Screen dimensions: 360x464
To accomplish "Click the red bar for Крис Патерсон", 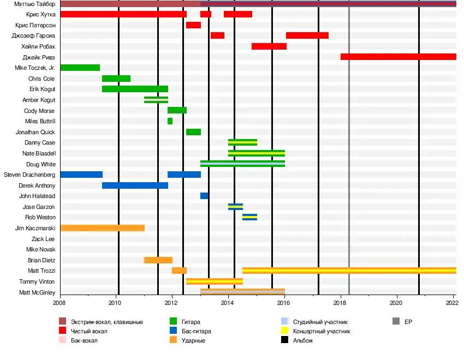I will click(x=193, y=25).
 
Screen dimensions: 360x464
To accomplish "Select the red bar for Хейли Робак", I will click(x=269, y=46).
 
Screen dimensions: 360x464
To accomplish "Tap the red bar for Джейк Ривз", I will click(x=398, y=57).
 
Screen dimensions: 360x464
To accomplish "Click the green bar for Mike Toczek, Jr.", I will click(x=80, y=68).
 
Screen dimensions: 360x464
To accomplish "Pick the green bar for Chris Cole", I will click(x=116, y=79).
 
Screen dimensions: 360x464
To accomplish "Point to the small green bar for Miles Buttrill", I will click(x=170, y=121).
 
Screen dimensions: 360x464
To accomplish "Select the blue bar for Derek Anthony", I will click(x=135, y=185).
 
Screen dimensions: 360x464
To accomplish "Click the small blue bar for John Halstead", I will click(x=204, y=196).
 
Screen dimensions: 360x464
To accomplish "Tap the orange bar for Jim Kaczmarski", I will click(x=102, y=228).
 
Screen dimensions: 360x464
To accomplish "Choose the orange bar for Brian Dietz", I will click(x=158, y=260).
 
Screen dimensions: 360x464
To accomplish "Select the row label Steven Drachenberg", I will click(x=29, y=175).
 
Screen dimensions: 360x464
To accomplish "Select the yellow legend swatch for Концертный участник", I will click(x=283, y=331).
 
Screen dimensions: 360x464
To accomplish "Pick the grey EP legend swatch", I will click(x=396, y=322).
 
